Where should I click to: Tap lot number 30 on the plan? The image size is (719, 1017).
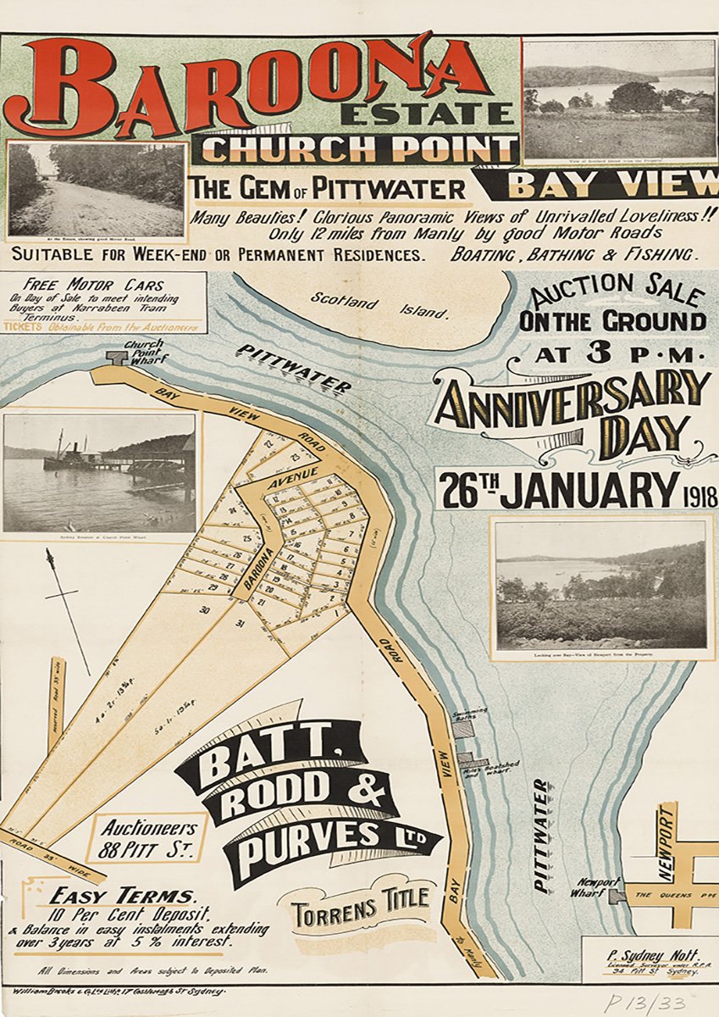point(204,609)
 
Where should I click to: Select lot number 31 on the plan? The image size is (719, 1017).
point(240,625)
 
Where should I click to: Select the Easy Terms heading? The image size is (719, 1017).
point(121,896)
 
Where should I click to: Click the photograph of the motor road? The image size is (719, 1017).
point(97,190)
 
